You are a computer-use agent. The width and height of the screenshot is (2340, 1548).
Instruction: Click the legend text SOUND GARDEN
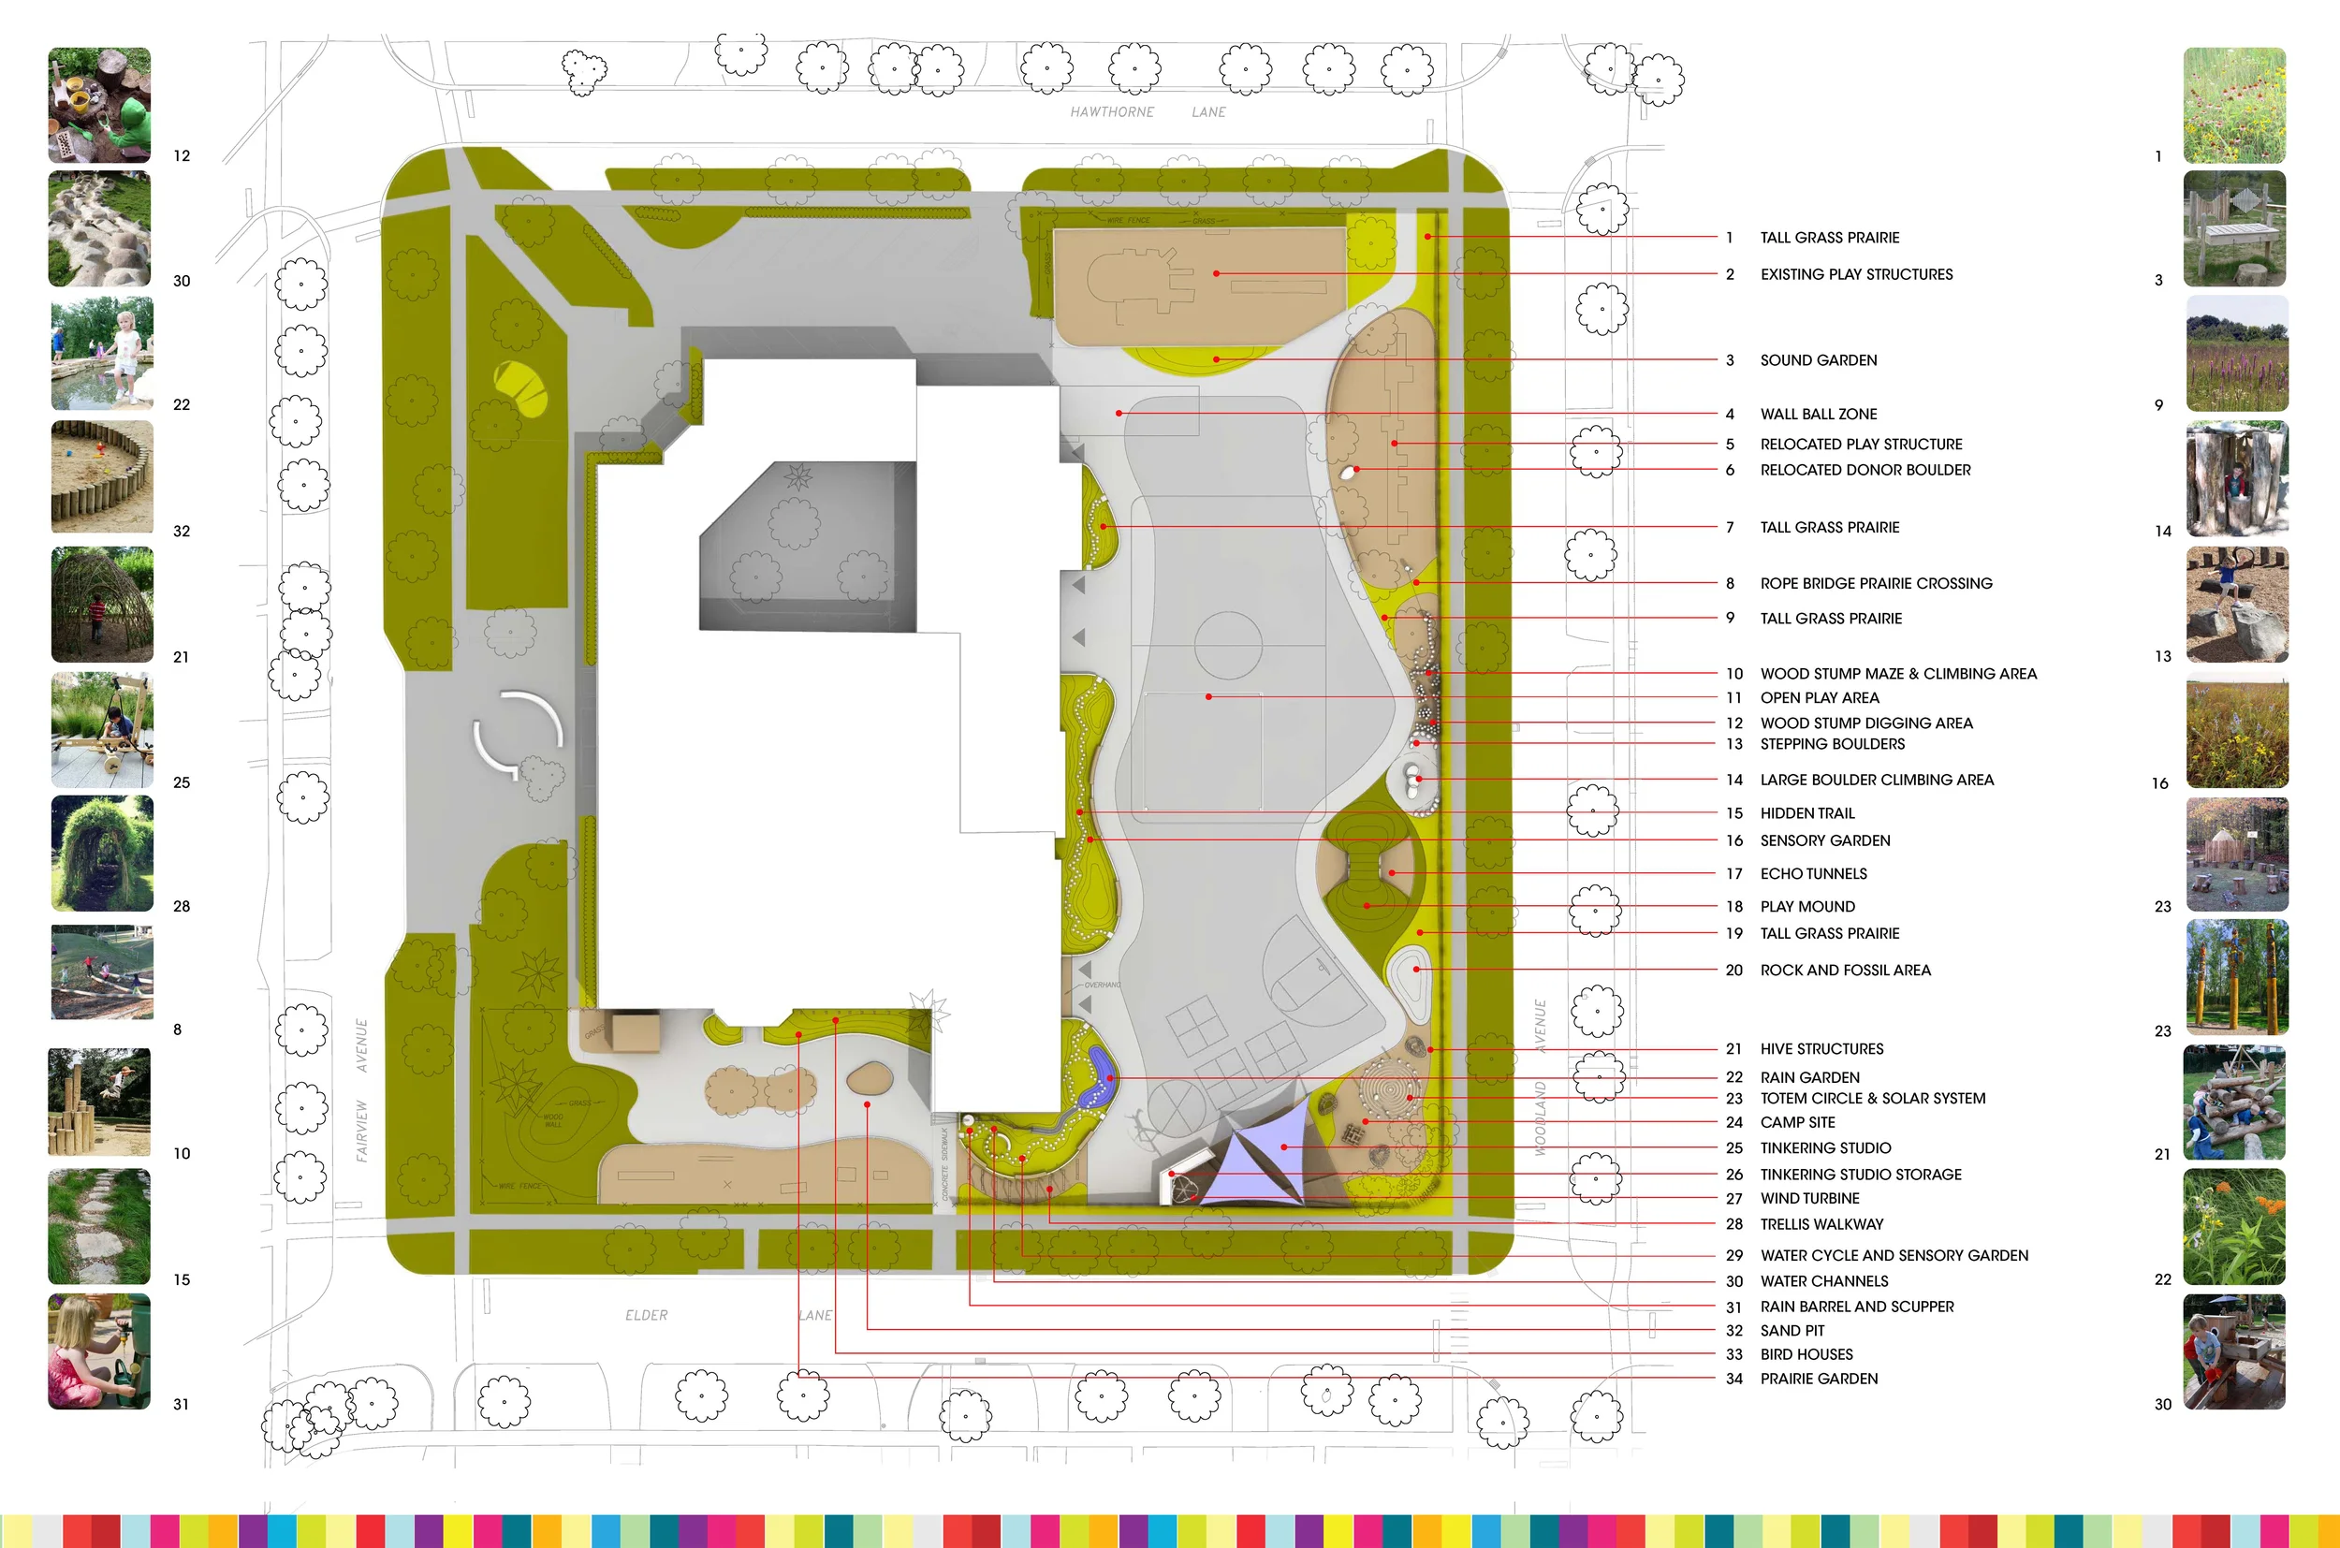1818,360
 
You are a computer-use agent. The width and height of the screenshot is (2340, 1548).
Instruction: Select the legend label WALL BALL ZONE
1818,414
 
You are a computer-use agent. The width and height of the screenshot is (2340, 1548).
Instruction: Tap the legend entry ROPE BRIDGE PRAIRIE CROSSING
1875,583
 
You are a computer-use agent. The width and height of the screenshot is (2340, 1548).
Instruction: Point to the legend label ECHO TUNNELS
1813,874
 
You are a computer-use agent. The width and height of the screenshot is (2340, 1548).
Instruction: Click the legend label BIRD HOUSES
1806,1354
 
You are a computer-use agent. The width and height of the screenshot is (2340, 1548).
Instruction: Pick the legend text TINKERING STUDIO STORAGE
1860,1174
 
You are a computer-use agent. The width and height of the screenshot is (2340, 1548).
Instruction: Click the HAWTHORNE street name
1112,112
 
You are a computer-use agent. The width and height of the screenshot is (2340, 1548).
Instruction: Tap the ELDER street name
646,1315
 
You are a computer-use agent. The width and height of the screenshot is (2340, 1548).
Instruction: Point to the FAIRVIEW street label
361,1131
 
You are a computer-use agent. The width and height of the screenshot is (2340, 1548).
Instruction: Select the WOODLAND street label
1541,1117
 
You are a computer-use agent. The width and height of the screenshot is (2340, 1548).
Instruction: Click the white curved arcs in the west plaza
518,734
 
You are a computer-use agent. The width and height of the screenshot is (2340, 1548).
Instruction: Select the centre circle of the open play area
1227,646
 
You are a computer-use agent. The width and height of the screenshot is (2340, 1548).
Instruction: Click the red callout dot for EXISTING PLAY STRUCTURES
1217,273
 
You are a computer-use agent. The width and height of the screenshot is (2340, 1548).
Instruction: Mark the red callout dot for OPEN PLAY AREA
1208,697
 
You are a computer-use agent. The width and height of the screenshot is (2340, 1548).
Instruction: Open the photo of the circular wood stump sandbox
102,476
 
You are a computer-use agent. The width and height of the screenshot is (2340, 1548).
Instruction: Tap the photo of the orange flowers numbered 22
2233,1226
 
